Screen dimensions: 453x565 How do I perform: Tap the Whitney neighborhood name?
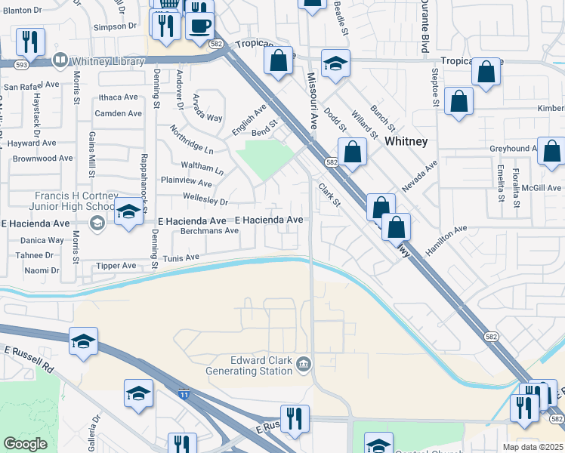pyautogui.click(x=406, y=141)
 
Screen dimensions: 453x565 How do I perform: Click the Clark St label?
pyautogui.click(x=330, y=194)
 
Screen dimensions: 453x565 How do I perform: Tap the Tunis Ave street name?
pyautogui.click(x=181, y=258)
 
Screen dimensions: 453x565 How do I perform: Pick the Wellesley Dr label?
pyautogui.click(x=205, y=202)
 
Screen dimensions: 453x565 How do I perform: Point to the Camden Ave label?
pyautogui.click(x=118, y=114)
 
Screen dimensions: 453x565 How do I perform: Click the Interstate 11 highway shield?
pyautogui.click(x=184, y=393)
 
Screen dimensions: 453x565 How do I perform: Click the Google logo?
pyautogui.click(x=26, y=444)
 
